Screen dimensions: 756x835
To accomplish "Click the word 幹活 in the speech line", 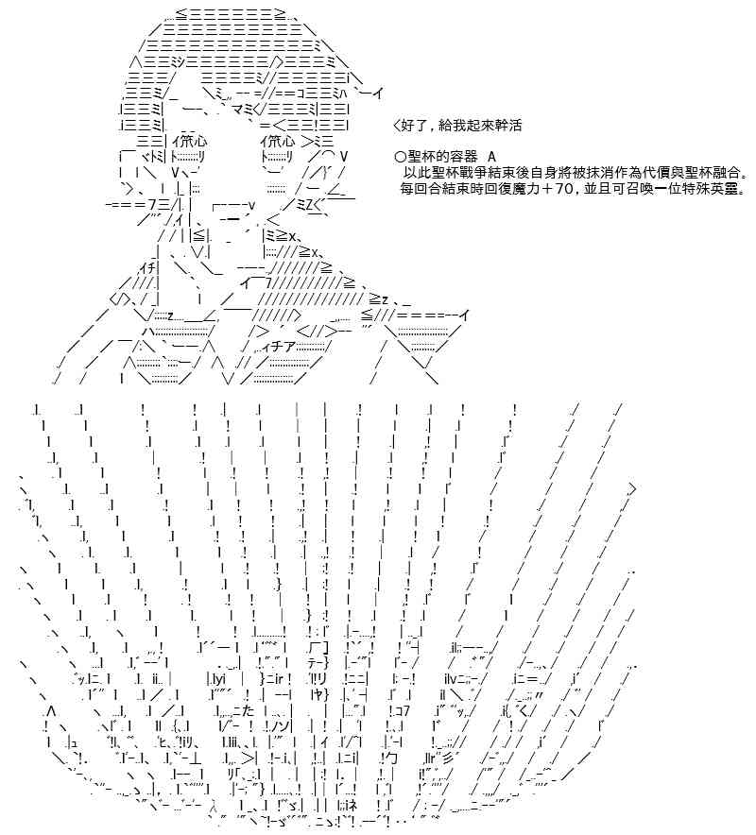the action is pyautogui.click(x=507, y=126).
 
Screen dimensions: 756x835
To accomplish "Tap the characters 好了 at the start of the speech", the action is pyautogui.click(x=413, y=126).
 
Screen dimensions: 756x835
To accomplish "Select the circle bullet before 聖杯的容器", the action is pyautogui.click(x=401, y=157).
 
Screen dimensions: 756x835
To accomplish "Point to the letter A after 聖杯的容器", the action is pyautogui.click(x=491, y=157).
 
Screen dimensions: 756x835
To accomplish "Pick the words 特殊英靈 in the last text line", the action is pyautogui.click(x=711, y=189).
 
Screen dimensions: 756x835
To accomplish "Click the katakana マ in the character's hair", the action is pyautogui.click(x=238, y=110).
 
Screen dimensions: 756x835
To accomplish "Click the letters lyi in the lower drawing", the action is pyautogui.click(x=218, y=679).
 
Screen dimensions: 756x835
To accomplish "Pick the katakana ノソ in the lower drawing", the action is pyautogui.click(x=282, y=726).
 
